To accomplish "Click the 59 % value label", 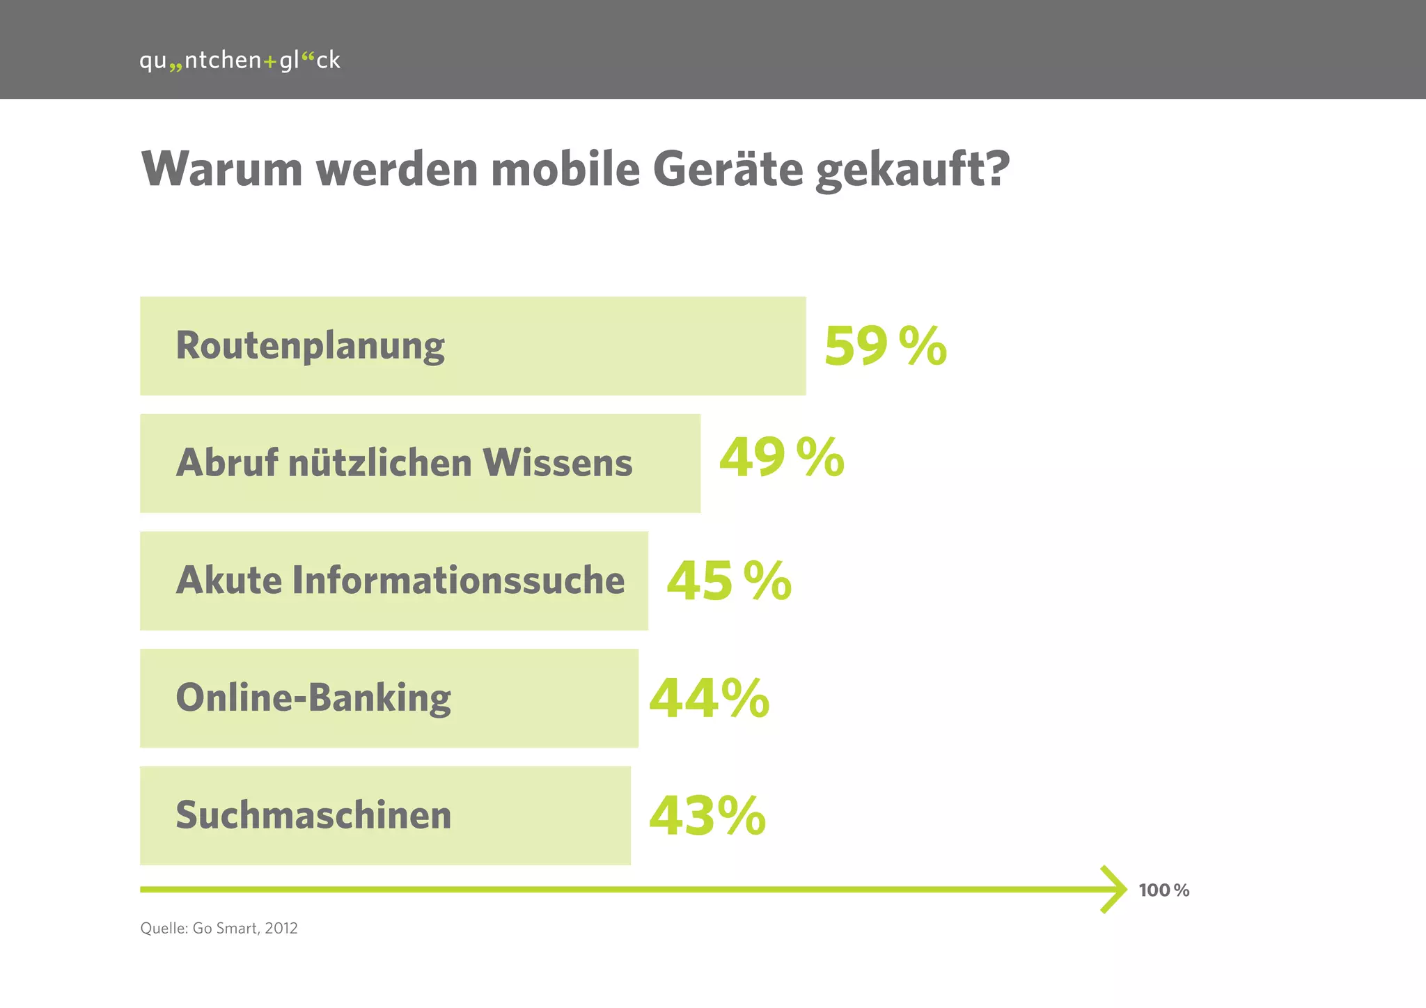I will pyautogui.click(x=885, y=346).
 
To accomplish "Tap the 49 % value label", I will pyautogui.click(x=781, y=458).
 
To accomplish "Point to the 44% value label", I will pyautogui.click(x=709, y=698).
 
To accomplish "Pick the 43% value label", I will pyautogui.click(x=707, y=816).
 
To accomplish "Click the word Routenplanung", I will pyautogui.click(x=310, y=346).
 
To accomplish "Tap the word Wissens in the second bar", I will pyautogui.click(x=558, y=463).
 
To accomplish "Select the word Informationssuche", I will pyautogui.click(x=458, y=581).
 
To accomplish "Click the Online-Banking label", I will pyautogui.click(x=313, y=698).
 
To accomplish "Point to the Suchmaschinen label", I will pyautogui.click(x=313, y=815).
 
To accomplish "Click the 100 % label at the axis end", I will pyautogui.click(x=1163, y=890).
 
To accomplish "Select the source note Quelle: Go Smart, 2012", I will pyautogui.click(x=219, y=929).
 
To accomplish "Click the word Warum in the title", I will pyautogui.click(x=221, y=169).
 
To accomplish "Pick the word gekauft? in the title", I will pyautogui.click(x=912, y=171).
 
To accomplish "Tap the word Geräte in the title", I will pyautogui.click(x=728, y=169).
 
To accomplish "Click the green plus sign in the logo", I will pyautogui.click(x=270, y=62).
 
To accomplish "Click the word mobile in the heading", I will pyautogui.click(x=565, y=169).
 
